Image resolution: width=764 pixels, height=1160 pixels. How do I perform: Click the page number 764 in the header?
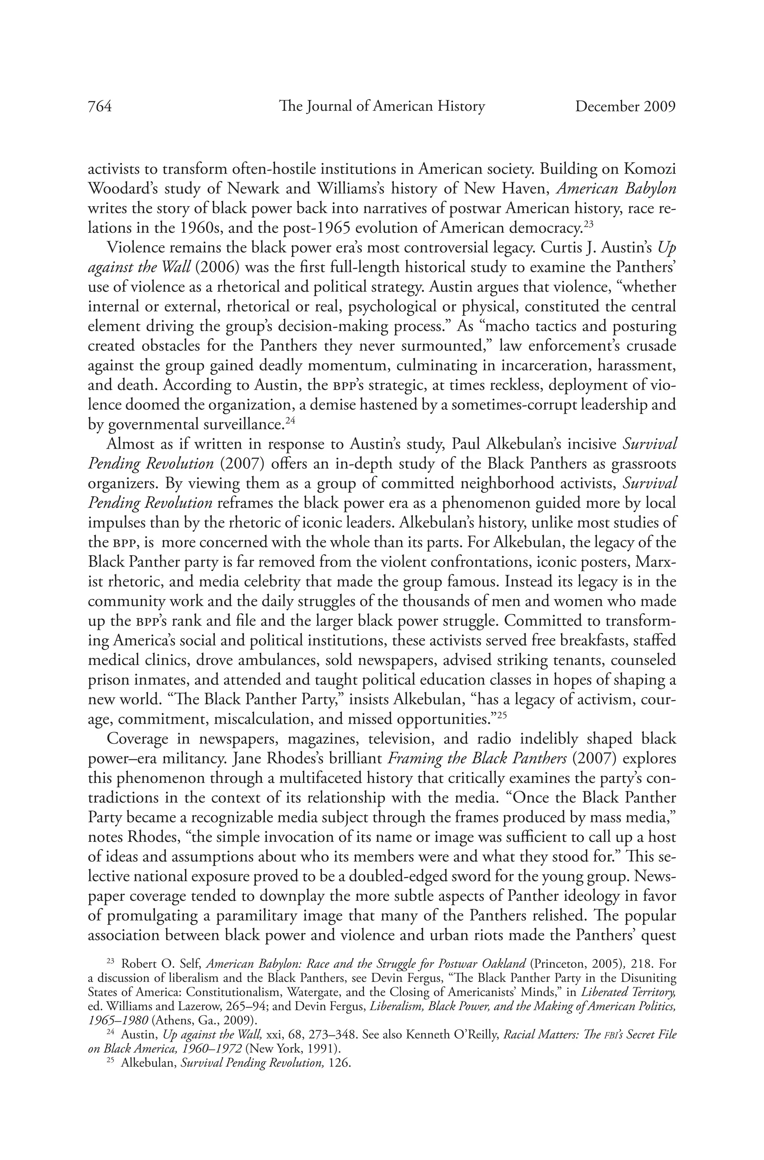100,106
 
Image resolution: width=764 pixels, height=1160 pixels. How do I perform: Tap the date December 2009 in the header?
625,106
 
